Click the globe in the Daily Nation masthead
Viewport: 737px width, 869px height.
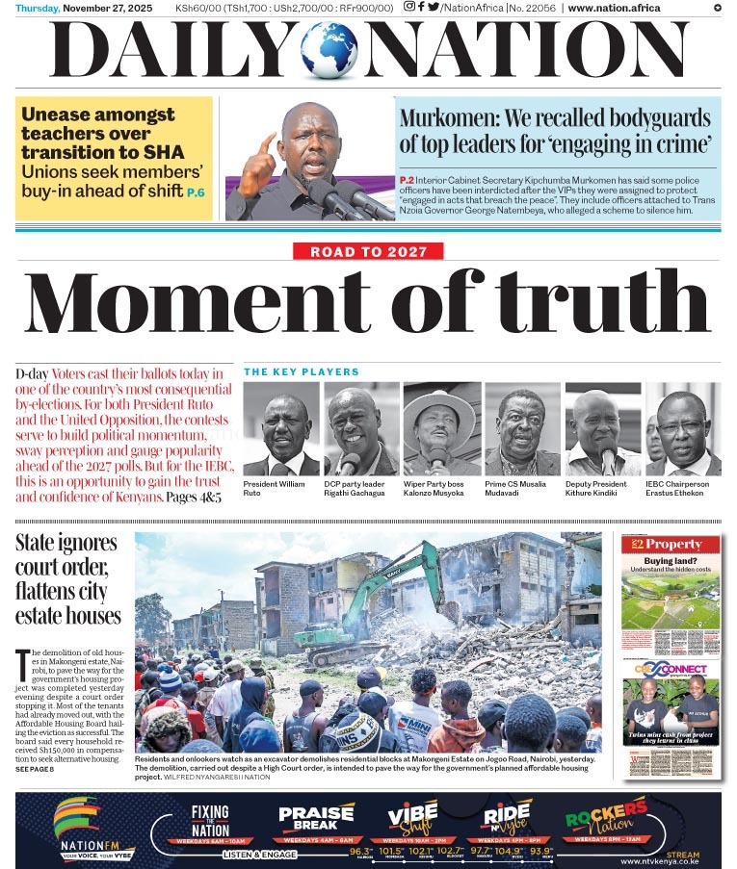click(x=329, y=51)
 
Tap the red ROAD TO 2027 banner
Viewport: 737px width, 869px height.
click(x=368, y=252)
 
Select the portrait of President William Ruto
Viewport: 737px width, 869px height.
click(x=280, y=429)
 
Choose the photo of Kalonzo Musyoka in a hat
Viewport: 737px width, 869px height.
click(x=441, y=429)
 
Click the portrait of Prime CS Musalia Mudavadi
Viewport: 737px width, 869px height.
click(x=522, y=429)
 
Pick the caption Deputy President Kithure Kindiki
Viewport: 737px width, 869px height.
click(x=599, y=488)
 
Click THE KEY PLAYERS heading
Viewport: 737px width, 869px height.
click(x=302, y=371)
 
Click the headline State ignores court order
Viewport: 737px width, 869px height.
click(x=66, y=579)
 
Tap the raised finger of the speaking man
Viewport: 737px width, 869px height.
click(x=270, y=142)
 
